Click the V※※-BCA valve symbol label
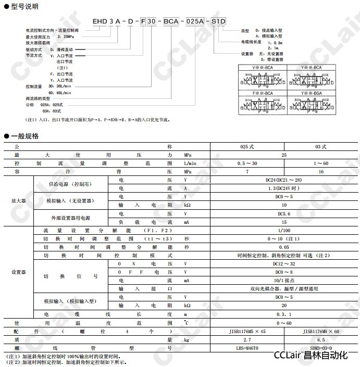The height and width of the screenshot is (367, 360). point(263,67)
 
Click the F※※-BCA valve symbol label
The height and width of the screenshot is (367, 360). point(263,92)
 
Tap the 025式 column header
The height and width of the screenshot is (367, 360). point(246,147)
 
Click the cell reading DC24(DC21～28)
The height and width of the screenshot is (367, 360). point(283,179)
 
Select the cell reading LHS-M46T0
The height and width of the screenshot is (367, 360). point(246,347)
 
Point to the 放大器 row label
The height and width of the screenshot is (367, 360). point(18,200)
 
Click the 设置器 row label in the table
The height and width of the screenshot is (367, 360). point(18,272)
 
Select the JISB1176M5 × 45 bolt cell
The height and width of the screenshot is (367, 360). point(246,331)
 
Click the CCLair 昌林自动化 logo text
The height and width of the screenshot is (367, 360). point(311,356)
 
